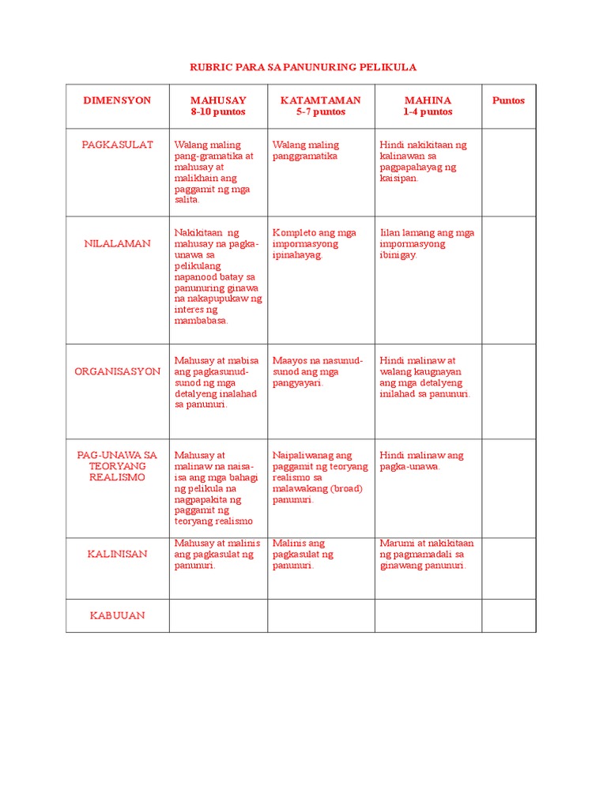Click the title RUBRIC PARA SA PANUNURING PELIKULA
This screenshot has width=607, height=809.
coord(303,68)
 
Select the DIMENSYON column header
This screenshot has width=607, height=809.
coord(117,100)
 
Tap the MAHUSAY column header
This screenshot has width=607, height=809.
coord(218,100)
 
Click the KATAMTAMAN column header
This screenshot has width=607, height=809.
coord(321,100)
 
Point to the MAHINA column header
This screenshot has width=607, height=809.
coord(428,100)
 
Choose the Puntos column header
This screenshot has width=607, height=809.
coord(508,100)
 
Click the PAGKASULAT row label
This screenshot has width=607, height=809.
coord(117,145)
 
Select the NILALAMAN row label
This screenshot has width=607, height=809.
coord(117,243)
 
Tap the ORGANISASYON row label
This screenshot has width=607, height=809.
coord(117,371)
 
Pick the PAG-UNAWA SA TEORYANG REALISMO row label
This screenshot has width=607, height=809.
coord(117,466)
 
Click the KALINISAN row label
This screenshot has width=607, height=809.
coord(117,554)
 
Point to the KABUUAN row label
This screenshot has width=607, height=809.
coord(117,615)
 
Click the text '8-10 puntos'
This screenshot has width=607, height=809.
coord(218,112)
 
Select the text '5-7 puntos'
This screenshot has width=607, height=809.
coord(321,112)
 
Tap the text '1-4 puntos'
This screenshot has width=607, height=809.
coord(428,112)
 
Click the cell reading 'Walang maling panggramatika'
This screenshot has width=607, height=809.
coord(306,150)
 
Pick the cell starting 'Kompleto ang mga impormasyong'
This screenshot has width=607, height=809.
coord(314,243)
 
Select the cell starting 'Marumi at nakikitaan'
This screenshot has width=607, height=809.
coord(427,554)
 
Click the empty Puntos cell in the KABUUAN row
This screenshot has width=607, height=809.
coord(509,615)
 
